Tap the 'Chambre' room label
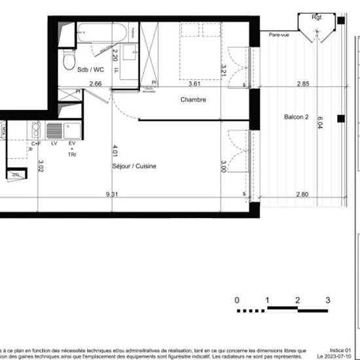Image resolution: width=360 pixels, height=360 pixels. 194,100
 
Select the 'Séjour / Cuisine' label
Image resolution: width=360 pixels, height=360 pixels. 134,166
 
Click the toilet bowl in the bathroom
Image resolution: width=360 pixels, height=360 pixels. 67,61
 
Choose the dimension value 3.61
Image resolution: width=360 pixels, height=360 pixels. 194,84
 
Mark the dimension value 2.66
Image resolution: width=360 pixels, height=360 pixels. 96,84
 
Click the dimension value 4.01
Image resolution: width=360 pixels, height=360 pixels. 115,151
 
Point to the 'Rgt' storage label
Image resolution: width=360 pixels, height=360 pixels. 317,17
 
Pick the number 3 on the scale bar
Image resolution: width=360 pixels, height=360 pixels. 327,300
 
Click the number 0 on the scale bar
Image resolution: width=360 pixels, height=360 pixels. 237,300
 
